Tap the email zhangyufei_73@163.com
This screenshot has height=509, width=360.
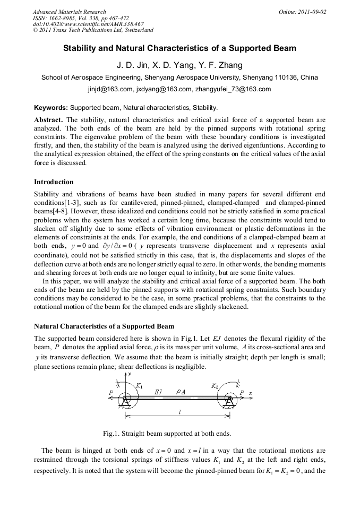(x=231, y=89)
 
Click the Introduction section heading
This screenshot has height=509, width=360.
(x=54, y=182)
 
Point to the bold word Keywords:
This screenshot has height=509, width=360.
(x=51, y=108)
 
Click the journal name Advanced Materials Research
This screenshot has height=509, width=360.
(x=69, y=12)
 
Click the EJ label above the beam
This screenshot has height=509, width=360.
(x=158, y=392)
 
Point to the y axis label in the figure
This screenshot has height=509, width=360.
(x=130, y=375)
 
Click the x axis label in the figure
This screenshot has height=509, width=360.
(x=251, y=393)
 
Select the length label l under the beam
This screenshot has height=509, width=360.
(x=178, y=412)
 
